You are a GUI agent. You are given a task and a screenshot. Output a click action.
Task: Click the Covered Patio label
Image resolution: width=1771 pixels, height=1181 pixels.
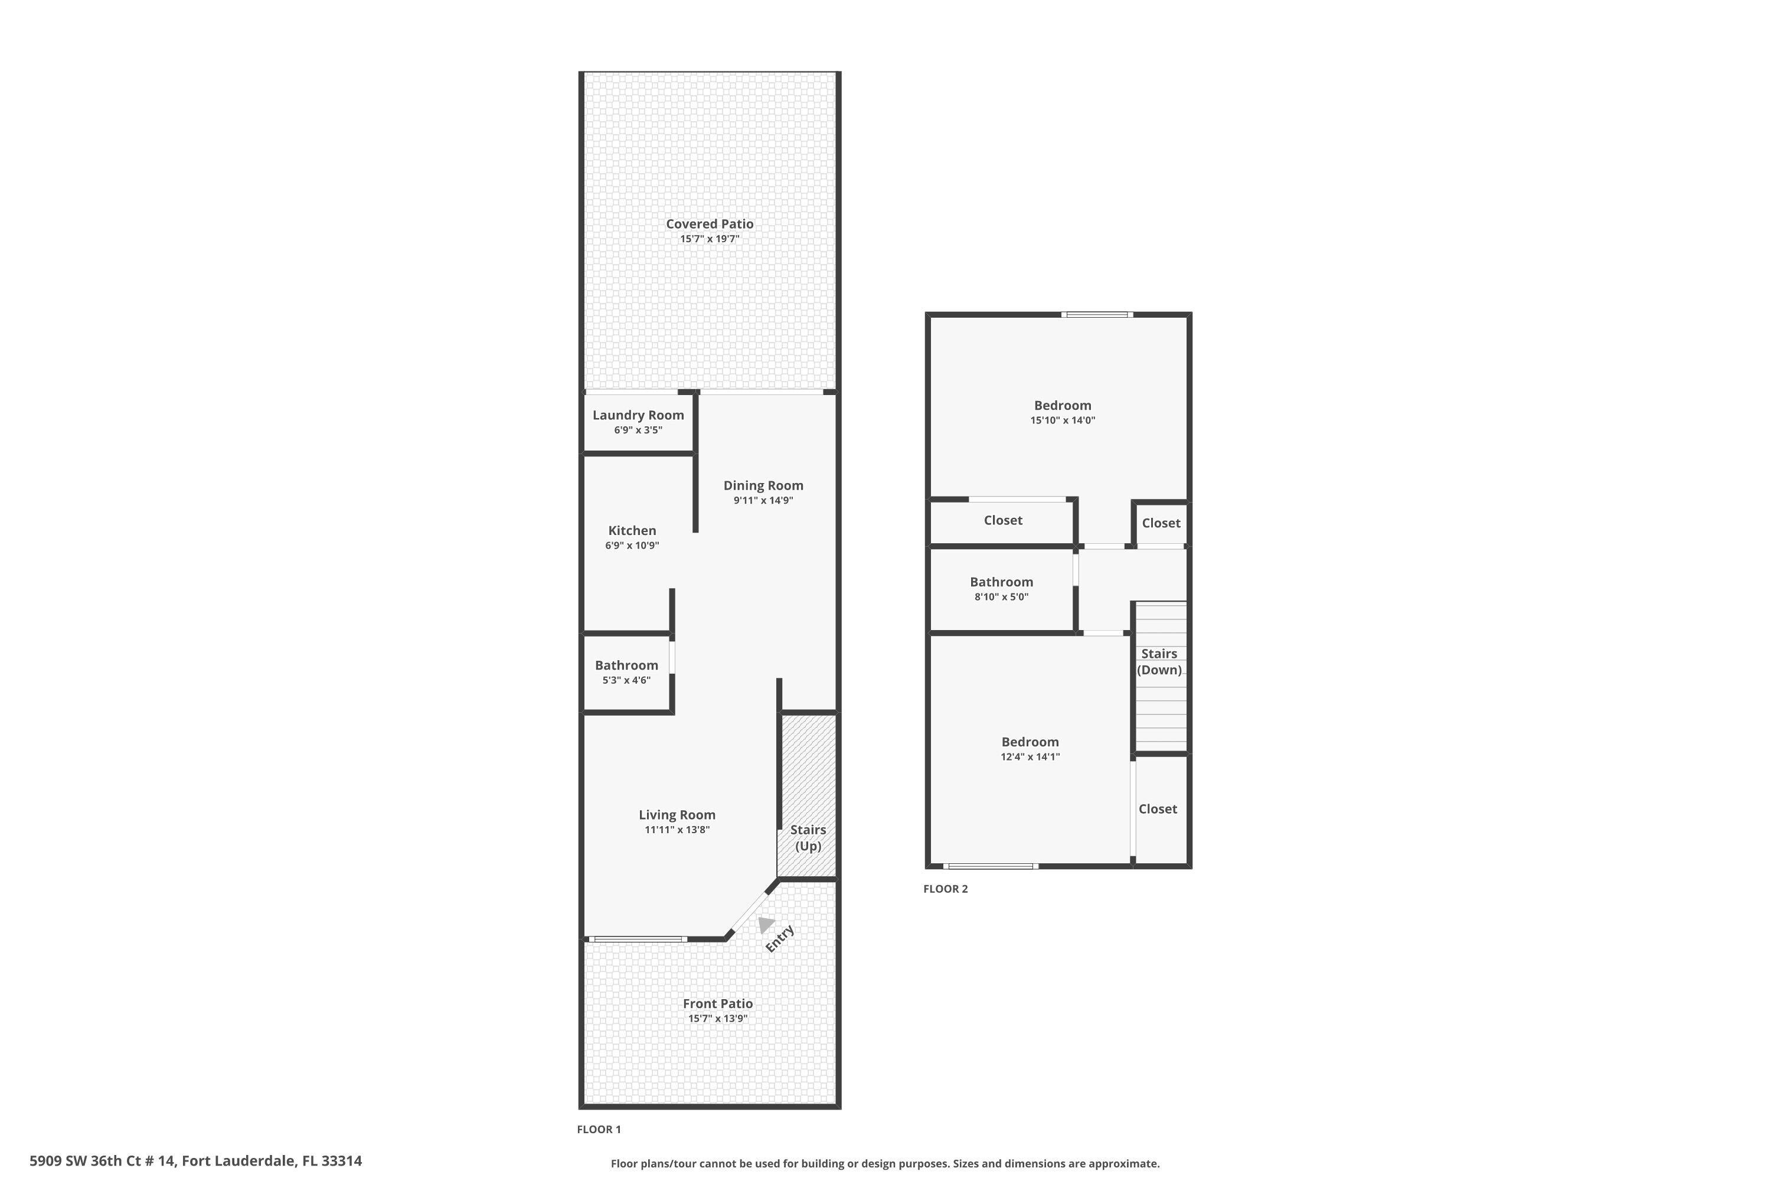coord(710,224)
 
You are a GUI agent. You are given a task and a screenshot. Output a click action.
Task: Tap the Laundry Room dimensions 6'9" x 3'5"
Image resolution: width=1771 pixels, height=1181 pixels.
coord(638,430)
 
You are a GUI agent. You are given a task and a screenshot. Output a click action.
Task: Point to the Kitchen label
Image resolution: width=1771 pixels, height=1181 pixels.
coord(632,531)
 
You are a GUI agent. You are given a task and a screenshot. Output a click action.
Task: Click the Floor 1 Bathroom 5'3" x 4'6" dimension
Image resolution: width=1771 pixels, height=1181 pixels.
coord(626,680)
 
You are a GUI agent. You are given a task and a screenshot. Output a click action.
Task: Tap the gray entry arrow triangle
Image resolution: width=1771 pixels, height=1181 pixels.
coord(766,924)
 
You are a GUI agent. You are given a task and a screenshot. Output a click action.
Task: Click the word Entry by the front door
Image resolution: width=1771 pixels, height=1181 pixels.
coord(780,938)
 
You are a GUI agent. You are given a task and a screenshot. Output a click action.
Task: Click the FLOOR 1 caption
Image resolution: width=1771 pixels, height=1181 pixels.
coord(599,1129)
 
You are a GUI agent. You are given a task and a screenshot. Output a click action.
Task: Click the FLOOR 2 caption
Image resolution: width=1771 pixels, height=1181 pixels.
coord(945,889)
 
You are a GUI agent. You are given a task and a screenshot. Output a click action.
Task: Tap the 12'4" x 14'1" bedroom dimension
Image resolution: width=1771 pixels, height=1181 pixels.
coord(1030,757)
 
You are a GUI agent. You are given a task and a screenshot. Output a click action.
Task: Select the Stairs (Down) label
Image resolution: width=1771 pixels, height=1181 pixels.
coord(1159,661)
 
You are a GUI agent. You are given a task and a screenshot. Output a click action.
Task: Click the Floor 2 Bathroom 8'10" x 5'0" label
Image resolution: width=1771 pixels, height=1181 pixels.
coord(1001,582)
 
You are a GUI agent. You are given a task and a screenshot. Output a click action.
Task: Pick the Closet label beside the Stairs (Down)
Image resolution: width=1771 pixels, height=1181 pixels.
coord(1157,809)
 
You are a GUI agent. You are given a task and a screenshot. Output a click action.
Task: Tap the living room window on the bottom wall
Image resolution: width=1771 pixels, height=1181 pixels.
coord(638,939)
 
